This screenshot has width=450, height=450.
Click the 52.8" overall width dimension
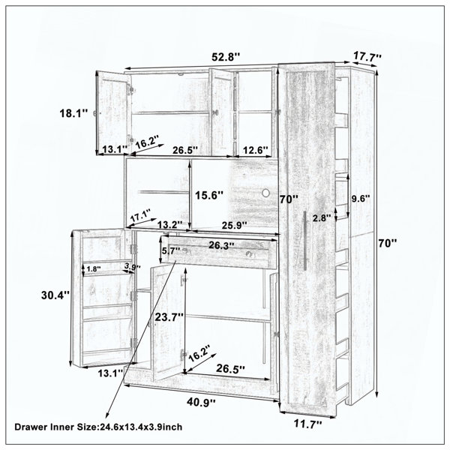225,57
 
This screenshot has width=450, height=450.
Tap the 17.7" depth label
367,56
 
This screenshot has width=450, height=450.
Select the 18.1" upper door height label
73,113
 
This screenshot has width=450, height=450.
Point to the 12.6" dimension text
256,150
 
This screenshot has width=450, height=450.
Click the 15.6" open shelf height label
209,196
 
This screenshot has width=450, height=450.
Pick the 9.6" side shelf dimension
361,199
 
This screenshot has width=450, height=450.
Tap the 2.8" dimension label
322,218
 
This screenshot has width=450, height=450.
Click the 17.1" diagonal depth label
141,216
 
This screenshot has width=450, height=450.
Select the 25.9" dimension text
235,225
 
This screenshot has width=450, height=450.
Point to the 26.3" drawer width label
221,245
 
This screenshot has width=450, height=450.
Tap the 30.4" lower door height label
55,295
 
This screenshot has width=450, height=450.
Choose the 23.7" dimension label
169,317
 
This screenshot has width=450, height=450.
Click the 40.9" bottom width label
201,402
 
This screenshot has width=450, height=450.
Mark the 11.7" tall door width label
308,424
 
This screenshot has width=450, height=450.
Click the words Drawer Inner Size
55,427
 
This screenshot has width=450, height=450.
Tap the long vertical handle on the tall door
304,241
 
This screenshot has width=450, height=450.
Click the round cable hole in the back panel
266,193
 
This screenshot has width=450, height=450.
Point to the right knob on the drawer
249,253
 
